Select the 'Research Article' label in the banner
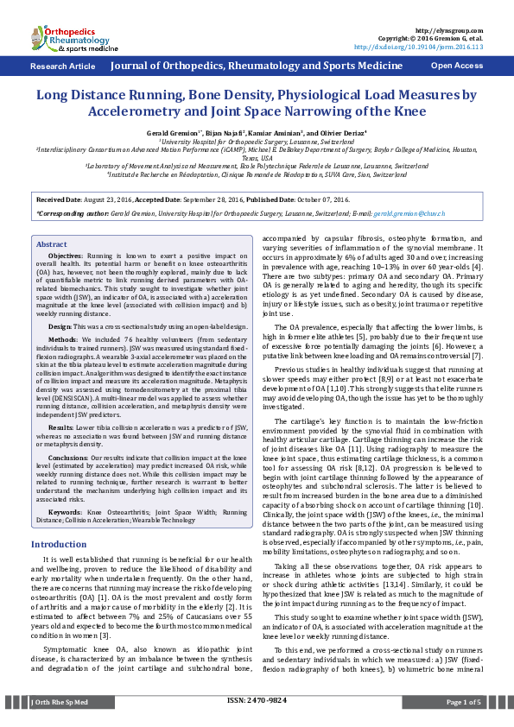point(63,66)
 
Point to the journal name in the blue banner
point(257,66)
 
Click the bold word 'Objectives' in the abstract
point(65,257)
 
